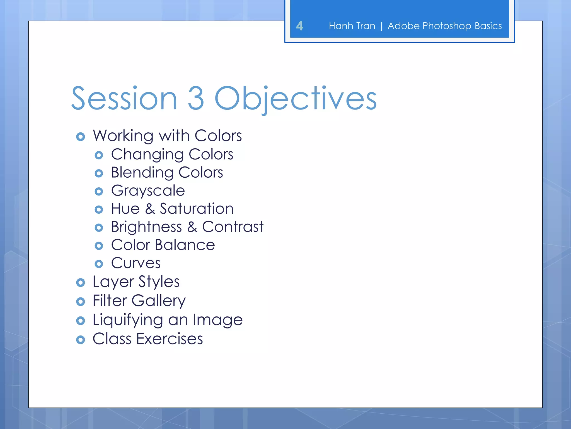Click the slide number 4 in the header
pyautogui.click(x=299, y=26)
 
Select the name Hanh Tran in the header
pyautogui.click(x=352, y=26)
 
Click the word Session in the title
pyautogui.click(x=124, y=99)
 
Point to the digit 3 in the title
pyautogui.click(x=196, y=99)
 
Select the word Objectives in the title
pyautogui.click(x=296, y=99)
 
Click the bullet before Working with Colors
pyautogui.click(x=81, y=137)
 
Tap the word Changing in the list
pyautogui.click(x=147, y=154)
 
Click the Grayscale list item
pyautogui.click(x=148, y=191)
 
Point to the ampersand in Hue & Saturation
pyautogui.click(x=150, y=209)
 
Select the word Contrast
pyautogui.click(x=233, y=227)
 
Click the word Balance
pyautogui.click(x=185, y=245)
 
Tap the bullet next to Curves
pyautogui.click(x=99, y=264)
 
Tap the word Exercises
pyautogui.click(x=170, y=339)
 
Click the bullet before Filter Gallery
pyautogui.click(x=81, y=302)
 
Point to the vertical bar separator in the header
pyautogui.click(x=381, y=26)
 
